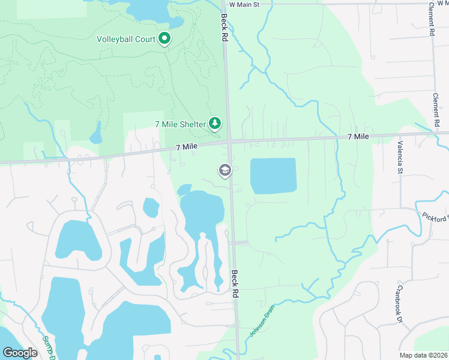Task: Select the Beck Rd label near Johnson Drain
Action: [x=236, y=280]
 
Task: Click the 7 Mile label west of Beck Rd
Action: [x=186, y=147]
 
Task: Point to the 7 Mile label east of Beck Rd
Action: [x=358, y=137]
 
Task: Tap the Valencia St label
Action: [x=400, y=158]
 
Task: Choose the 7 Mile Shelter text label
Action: [x=179, y=124]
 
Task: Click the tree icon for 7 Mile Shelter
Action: [x=215, y=124]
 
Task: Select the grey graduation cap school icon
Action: [x=225, y=171]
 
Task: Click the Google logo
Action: [x=20, y=353]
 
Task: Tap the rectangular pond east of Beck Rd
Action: [x=273, y=176]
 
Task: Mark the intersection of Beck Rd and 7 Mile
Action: [x=230, y=142]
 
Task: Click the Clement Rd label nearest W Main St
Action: [x=431, y=19]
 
